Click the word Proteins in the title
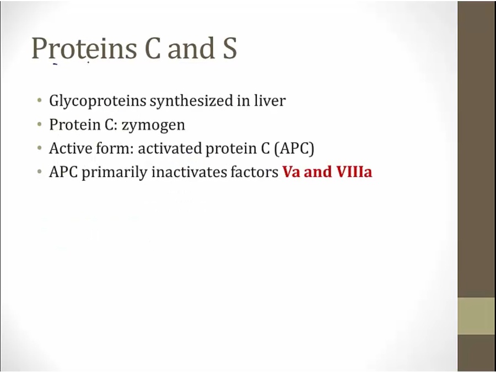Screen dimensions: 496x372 84,48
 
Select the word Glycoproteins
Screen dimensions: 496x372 98,101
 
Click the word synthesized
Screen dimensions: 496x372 191,101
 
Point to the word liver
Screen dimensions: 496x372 270,100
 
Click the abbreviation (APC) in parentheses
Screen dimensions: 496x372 294,149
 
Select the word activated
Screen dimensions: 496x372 170,148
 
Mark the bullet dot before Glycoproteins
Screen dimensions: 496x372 39,101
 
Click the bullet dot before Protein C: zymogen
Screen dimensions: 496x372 39,125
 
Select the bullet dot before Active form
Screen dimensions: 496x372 39,148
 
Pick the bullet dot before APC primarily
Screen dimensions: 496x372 39,172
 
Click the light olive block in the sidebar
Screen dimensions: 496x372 477,316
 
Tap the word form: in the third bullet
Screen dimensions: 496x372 115,148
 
